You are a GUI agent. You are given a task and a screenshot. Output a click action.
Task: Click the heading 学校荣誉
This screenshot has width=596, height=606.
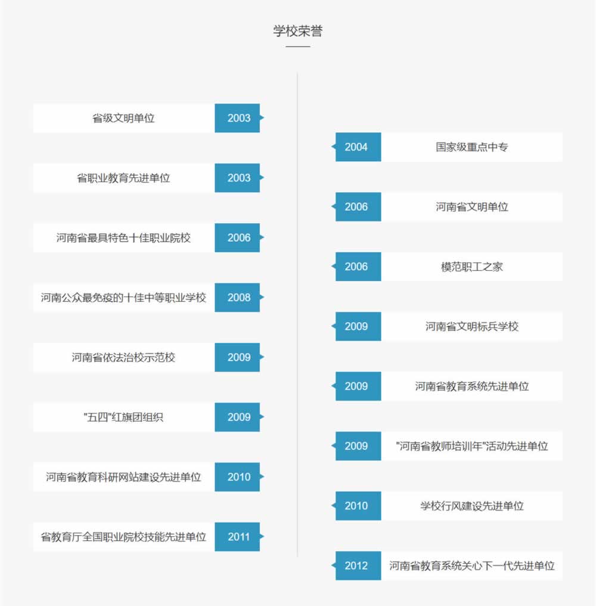pyautogui.click(x=297, y=32)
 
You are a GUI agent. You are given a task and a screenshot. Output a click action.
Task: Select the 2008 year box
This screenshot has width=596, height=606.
pyautogui.click(x=238, y=298)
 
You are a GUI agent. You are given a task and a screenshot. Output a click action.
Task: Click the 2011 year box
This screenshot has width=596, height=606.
pyautogui.click(x=238, y=537)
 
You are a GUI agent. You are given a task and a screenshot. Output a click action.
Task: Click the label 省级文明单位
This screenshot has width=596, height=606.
pyautogui.click(x=123, y=118)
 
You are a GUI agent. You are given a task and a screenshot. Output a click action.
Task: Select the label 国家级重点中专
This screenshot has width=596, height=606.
pyautogui.click(x=471, y=147)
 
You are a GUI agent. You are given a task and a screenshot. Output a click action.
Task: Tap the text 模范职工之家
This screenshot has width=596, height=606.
pyautogui.click(x=471, y=267)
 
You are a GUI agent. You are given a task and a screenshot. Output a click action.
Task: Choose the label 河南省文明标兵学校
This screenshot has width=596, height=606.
pyautogui.click(x=471, y=327)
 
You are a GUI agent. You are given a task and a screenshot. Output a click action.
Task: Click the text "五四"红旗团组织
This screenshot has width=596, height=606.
pyautogui.click(x=123, y=417)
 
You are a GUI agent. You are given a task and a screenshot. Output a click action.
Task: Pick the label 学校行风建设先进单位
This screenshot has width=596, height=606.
pyautogui.click(x=471, y=506)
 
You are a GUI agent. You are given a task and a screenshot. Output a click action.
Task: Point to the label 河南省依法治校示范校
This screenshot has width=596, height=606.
pyautogui.click(x=123, y=358)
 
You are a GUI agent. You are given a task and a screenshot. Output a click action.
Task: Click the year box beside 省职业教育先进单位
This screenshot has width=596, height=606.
pyautogui.click(x=238, y=178)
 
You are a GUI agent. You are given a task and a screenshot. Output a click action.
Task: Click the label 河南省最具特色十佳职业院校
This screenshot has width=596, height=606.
pyautogui.click(x=123, y=238)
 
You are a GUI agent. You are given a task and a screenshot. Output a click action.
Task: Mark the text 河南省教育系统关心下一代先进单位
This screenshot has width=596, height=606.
pyautogui.click(x=471, y=566)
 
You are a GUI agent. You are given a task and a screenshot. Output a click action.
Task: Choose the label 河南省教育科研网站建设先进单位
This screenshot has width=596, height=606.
pyautogui.click(x=123, y=477)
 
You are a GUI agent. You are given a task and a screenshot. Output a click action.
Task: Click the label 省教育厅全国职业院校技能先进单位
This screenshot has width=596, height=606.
pyautogui.click(x=123, y=537)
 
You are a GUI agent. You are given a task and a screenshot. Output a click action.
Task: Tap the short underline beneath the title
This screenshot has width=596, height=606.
pyautogui.click(x=297, y=46)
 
